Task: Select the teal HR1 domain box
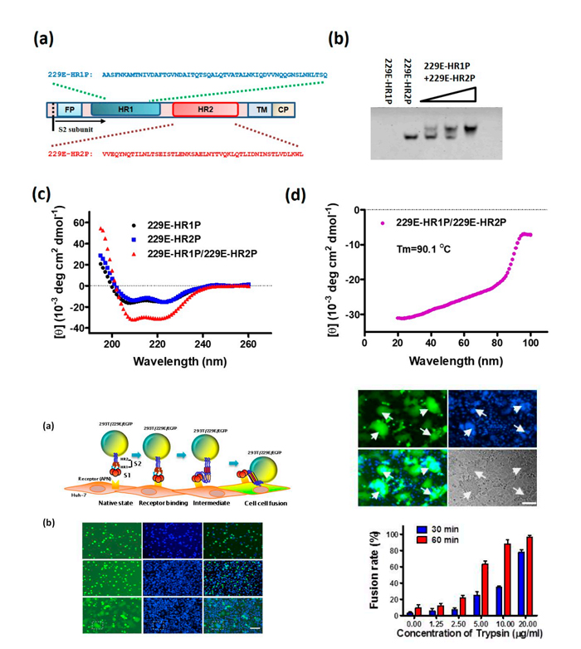pyautogui.click(x=124, y=110)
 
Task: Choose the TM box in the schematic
pyautogui.click(x=261, y=110)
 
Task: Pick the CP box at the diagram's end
pyautogui.click(x=283, y=110)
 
